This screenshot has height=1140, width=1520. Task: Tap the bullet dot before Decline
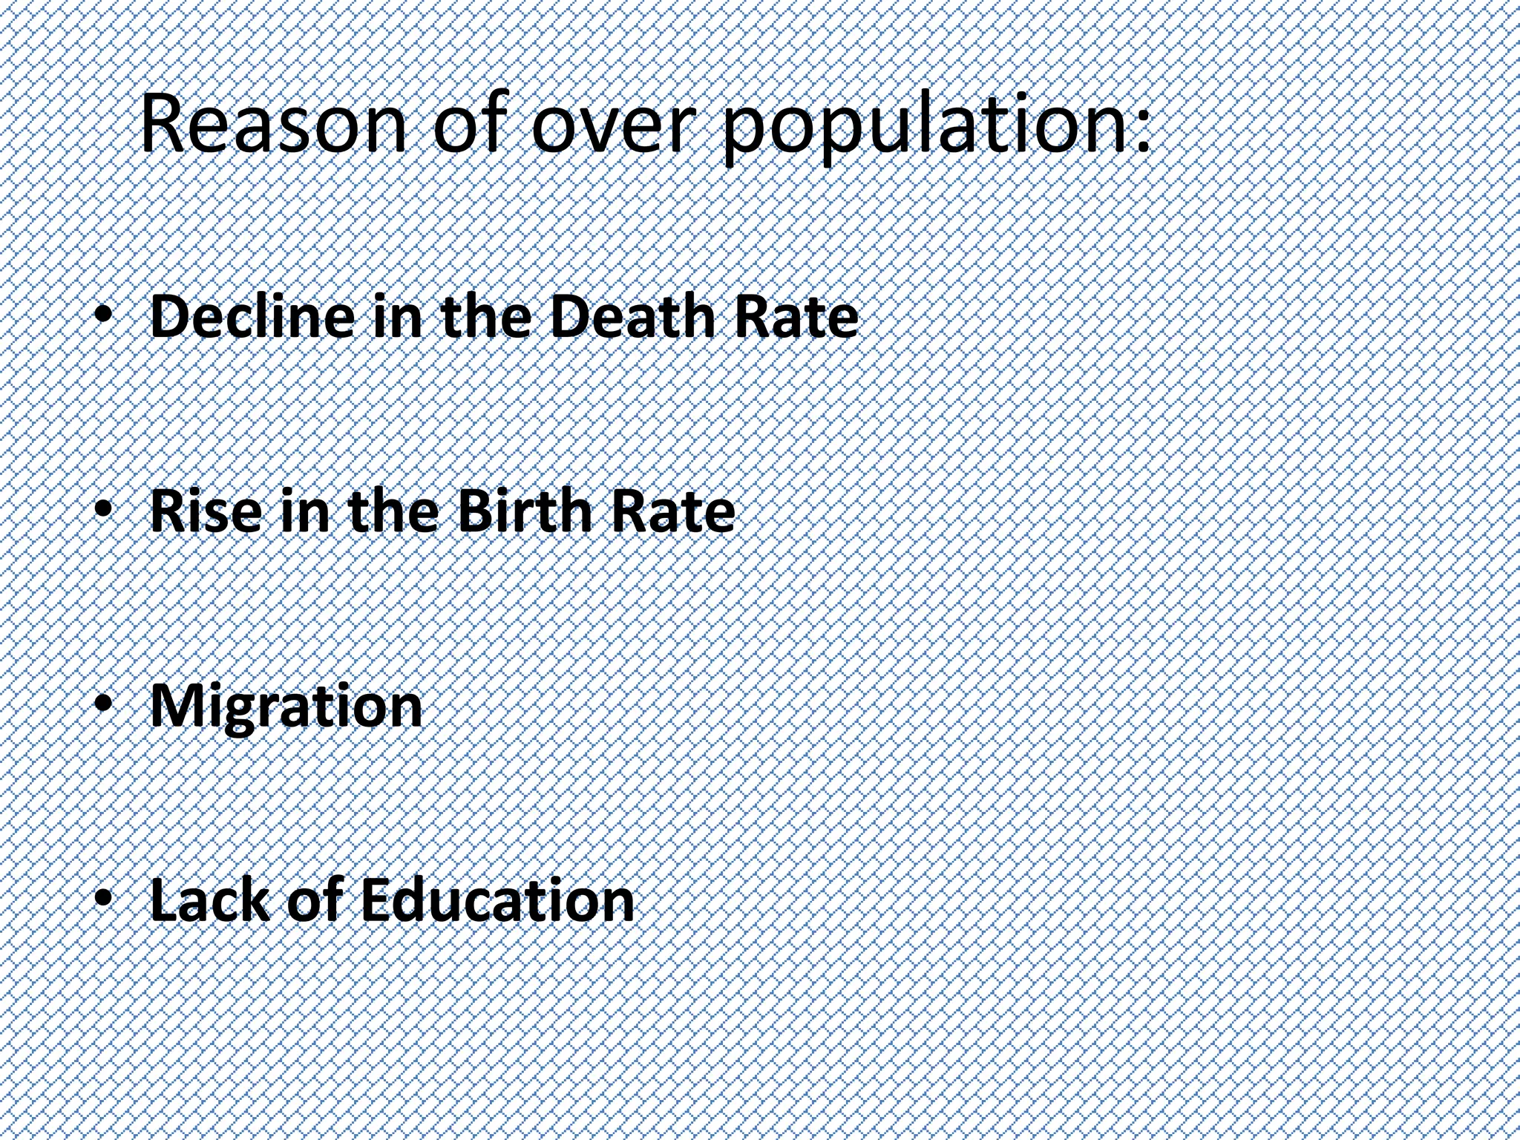pyautogui.click(x=104, y=316)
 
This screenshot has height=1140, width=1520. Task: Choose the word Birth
pyautogui.click(x=523, y=511)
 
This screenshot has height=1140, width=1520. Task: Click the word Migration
pyautogui.click(x=286, y=707)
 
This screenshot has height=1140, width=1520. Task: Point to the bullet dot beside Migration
pyautogui.click(x=104, y=705)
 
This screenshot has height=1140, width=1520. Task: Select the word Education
pyautogui.click(x=497, y=900)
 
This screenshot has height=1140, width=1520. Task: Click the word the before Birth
pyautogui.click(x=393, y=511)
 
